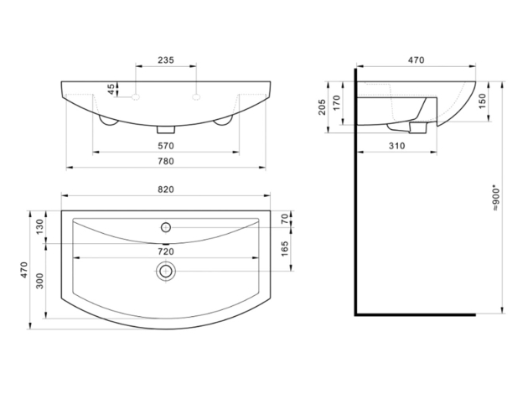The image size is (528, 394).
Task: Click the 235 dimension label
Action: coord(166,60)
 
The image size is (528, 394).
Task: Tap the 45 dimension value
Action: coord(111,89)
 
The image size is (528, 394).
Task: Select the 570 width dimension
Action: coord(166,146)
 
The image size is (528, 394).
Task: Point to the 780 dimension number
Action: coord(166,161)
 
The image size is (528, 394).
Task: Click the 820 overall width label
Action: coord(166,189)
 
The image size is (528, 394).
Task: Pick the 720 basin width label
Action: coord(166,251)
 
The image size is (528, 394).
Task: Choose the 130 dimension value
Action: coord(39,226)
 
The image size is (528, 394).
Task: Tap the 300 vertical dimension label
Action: coord(39,281)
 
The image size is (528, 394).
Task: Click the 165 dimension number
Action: coord(285,248)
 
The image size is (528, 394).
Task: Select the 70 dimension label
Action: coord(285,219)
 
